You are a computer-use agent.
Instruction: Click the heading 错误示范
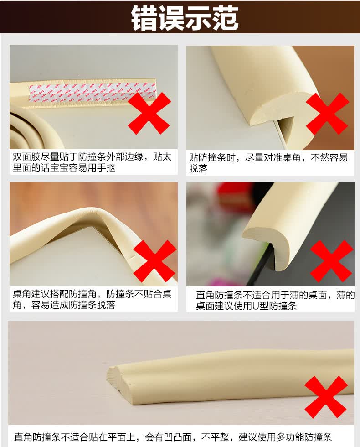pos(185,18)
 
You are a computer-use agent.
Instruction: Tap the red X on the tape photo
pos(149,113)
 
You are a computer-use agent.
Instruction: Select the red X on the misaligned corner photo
pos(328,114)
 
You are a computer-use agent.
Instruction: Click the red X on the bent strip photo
pos(154,261)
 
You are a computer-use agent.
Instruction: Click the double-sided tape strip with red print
pos(93,92)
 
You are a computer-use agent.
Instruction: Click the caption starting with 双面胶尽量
pos(92,162)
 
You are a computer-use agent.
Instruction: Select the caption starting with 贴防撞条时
pos(268,163)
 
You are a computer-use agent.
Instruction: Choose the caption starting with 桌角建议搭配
pos(92,299)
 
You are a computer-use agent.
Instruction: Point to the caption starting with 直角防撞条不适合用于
pos(275,300)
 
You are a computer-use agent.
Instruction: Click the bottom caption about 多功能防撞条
pos(173,437)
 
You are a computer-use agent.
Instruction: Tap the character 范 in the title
pos(225,18)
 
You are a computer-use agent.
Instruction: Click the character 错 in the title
pos(144,18)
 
